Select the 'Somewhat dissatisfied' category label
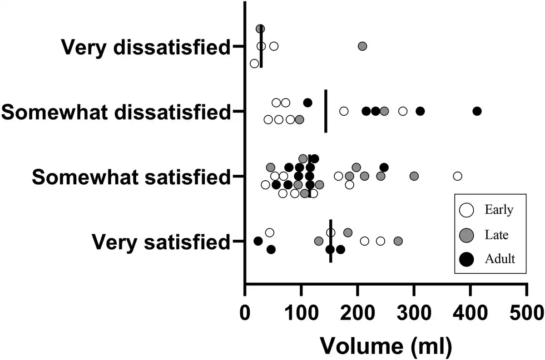(115, 111)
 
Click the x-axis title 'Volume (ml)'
(386, 345)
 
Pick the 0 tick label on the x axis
(245, 312)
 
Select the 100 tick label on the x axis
(301, 312)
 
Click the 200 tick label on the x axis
(357, 312)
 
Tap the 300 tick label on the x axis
(414, 312)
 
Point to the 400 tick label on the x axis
(470, 312)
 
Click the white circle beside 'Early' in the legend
(466, 210)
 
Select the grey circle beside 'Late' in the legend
(466, 235)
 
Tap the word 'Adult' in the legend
(500, 259)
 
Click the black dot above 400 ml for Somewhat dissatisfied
(477, 111)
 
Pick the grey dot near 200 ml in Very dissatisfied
(362, 46)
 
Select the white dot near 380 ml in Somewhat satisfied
(457, 176)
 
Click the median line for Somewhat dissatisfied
(326, 111)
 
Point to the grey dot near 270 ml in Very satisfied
(398, 241)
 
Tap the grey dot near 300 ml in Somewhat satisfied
(414, 176)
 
